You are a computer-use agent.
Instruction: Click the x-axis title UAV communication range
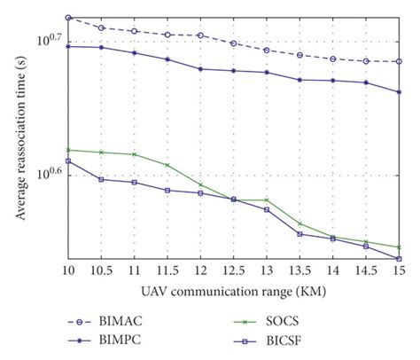(x=232, y=292)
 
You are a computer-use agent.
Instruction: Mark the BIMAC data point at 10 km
(x=67, y=18)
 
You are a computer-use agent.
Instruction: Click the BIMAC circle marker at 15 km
(x=399, y=61)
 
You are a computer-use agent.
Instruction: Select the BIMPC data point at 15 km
(x=399, y=92)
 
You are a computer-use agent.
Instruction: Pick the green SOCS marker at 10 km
(x=67, y=150)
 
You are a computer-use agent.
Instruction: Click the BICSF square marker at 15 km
(x=399, y=259)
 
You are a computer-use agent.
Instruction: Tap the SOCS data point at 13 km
(x=267, y=200)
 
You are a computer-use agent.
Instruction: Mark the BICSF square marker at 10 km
(x=67, y=161)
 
